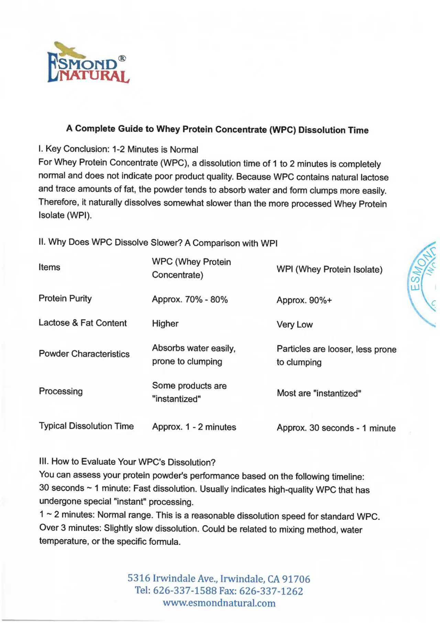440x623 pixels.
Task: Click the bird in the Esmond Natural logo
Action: [70, 50]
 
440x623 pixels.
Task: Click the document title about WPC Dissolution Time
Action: [217, 129]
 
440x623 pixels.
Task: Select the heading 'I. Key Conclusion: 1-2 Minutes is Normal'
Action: [118, 149]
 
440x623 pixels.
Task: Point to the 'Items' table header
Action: [49, 267]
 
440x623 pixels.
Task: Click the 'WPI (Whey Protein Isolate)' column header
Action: [329, 269]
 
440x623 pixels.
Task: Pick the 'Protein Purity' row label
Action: [65, 298]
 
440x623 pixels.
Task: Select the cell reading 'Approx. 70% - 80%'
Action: [190, 300]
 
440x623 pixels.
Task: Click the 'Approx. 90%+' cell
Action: [304, 300]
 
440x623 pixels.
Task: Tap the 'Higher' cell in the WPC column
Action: [165, 324]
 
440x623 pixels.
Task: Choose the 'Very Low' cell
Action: [295, 324]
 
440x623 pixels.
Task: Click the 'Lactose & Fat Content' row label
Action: [82, 323]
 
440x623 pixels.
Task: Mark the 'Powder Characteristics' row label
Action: [84, 354]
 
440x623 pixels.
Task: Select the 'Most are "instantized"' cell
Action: [319, 393]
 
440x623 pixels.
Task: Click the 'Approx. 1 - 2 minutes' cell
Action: [194, 427]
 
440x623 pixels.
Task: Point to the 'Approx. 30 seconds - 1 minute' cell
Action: [336, 428]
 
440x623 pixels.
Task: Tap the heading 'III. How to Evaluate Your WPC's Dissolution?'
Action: [127, 462]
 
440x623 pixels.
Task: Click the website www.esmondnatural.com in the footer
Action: [219, 603]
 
